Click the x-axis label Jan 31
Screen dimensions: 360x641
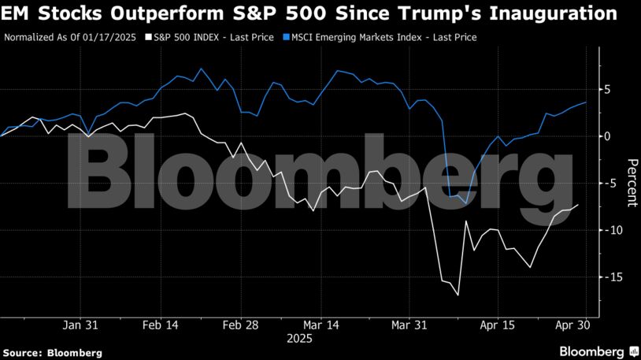[81, 325]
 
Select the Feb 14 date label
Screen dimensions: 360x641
[162, 325]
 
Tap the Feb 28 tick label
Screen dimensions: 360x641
[241, 325]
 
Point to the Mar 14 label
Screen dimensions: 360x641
[322, 325]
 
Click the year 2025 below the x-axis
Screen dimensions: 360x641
[299, 339]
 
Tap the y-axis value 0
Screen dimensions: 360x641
[607, 136]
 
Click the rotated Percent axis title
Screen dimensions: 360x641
[631, 182]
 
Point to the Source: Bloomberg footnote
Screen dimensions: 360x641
[52, 353]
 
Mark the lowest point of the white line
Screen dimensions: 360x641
[458, 296]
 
